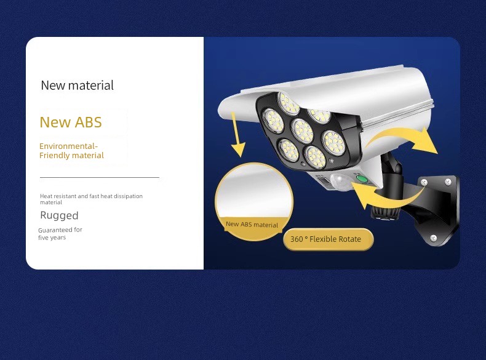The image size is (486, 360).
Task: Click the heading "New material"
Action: point(77,86)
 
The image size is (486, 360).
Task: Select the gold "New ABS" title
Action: point(71,122)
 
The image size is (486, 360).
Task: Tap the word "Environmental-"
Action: point(68,146)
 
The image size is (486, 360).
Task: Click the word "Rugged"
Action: point(59,215)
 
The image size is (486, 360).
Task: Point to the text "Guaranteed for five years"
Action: point(60,233)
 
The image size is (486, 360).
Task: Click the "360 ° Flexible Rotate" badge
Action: point(329,239)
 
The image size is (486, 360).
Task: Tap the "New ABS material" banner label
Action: point(252,225)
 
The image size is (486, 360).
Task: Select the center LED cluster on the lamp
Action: point(302,130)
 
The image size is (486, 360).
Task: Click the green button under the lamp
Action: point(361,179)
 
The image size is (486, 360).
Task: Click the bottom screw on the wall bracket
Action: point(434,238)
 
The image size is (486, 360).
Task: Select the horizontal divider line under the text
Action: point(100,177)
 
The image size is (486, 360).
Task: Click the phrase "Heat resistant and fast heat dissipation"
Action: point(91,196)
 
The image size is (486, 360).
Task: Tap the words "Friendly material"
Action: point(71,155)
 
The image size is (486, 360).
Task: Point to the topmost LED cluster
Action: point(288,103)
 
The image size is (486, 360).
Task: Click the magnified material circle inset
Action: point(254,202)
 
